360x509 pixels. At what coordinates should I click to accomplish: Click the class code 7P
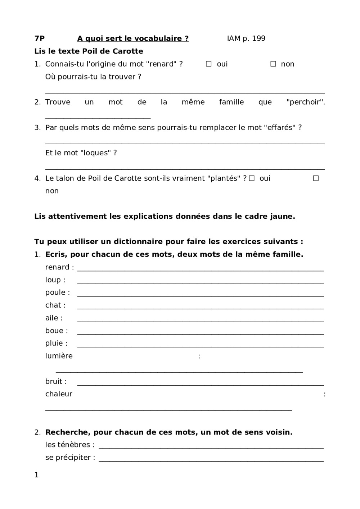(39, 38)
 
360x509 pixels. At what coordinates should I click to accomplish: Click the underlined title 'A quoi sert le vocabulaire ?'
(133, 38)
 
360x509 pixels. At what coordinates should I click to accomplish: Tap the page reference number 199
(258, 38)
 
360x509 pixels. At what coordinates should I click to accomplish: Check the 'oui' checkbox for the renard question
(209, 64)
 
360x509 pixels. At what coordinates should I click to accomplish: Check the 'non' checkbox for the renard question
(273, 64)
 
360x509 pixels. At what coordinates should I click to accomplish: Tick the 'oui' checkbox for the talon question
(252, 178)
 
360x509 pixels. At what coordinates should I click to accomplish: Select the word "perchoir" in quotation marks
(305, 102)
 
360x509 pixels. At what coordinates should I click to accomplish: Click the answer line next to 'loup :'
(201, 283)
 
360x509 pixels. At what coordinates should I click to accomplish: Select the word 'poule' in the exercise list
(55, 292)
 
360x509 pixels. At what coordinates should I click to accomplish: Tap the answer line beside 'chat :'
(201, 308)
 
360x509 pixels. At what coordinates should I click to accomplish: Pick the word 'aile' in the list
(52, 318)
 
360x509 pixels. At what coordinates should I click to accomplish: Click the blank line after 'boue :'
(201, 334)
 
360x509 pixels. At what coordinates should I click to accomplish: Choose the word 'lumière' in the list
(59, 356)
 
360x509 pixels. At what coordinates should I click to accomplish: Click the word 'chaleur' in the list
(59, 394)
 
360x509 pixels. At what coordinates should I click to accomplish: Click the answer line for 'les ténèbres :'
(211, 448)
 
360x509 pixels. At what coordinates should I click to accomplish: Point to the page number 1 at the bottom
(36, 475)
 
